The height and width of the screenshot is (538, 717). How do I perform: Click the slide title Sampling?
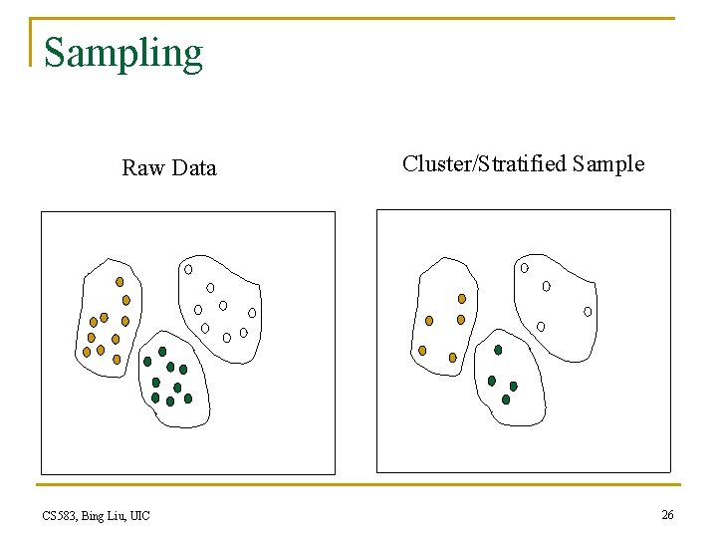click(x=123, y=53)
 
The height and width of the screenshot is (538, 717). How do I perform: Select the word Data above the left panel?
click(x=193, y=167)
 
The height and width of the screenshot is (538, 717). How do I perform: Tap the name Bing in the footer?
click(x=96, y=515)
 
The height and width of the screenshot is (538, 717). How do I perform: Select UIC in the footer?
click(x=139, y=515)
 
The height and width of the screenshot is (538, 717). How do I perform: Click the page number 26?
click(x=666, y=514)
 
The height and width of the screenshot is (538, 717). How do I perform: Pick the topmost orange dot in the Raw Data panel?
click(x=119, y=282)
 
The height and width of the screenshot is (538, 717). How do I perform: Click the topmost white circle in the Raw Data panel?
click(x=188, y=269)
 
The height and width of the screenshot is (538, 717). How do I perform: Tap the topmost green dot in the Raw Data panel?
click(x=162, y=352)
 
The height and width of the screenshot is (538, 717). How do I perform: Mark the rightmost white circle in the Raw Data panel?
click(x=252, y=313)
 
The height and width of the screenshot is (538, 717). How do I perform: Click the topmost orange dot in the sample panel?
click(x=461, y=298)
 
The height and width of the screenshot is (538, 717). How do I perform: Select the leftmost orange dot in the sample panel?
click(x=422, y=351)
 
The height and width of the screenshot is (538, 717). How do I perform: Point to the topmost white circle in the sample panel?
click(x=525, y=267)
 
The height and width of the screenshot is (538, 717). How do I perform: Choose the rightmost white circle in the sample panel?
click(x=588, y=312)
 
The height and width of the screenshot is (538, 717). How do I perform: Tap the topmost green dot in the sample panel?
click(x=499, y=350)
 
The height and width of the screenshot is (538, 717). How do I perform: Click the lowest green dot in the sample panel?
click(x=506, y=400)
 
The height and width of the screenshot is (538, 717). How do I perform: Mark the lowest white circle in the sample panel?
click(x=541, y=326)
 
